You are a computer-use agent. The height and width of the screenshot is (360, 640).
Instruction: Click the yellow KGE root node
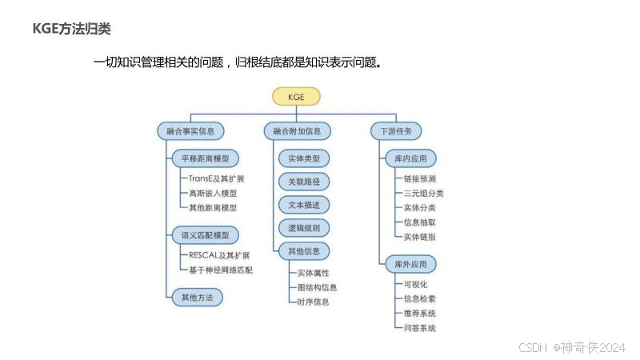tap(296, 97)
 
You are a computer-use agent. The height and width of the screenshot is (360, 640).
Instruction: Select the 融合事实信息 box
tap(190, 130)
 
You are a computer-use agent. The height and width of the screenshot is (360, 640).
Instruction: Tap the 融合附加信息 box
tap(297, 130)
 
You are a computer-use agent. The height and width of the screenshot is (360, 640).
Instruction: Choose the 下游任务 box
tap(395, 130)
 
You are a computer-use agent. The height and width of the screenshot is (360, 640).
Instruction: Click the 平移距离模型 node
tap(205, 158)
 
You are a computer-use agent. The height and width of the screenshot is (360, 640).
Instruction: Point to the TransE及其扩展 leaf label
tap(217, 178)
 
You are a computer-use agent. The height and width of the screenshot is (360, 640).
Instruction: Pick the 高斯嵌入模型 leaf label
tap(213, 193)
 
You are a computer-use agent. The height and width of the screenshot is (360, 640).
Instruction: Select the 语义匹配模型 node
tap(205, 235)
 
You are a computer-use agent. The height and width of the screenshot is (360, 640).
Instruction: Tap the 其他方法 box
tap(197, 297)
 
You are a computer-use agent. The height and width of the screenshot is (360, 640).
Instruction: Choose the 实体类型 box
tap(303, 159)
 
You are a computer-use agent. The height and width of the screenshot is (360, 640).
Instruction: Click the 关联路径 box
tap(303, 182)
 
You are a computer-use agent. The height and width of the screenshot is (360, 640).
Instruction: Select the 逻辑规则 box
tap(303, 228)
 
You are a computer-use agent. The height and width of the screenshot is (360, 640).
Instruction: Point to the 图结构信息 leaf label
tap(318, 287)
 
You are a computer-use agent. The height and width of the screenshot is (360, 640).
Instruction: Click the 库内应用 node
tap(410, 159)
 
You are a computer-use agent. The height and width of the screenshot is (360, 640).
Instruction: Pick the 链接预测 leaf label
tap(420, 178)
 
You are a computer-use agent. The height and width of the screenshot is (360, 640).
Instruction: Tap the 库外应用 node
tap(410, 264)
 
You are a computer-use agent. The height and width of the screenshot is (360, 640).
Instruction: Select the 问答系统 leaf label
tap(420, 328)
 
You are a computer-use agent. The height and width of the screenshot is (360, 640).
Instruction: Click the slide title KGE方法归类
tap(71, 29)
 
